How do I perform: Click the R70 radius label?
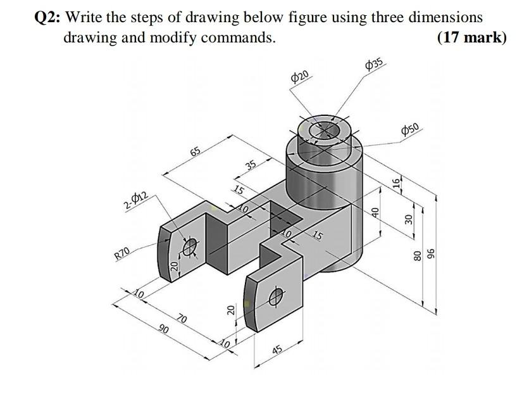(x=122, y=254)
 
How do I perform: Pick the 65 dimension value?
(x=196, y=151)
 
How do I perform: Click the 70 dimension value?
(x=182, y=318)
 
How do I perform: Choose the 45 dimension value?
(x=277, y=352)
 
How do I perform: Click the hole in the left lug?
(x=189, y=247)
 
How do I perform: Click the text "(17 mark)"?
(x=471, y=37)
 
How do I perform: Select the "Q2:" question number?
(x=45, y=17)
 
